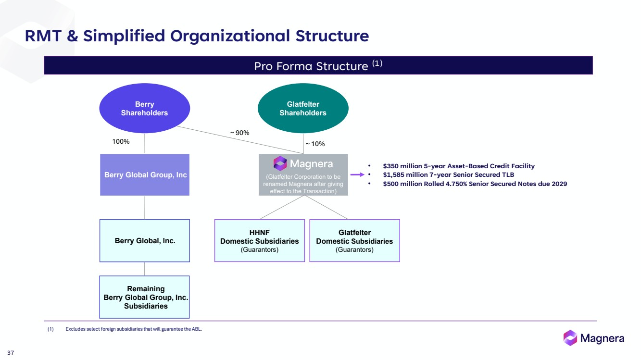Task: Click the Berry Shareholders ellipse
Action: [x=144, y=109]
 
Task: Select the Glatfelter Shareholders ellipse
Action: [x=303, y=109]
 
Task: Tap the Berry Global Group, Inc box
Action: [x=145, y=175]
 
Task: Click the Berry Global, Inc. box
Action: [x=145, y=241]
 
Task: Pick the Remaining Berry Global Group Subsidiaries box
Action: [x=145, y=297]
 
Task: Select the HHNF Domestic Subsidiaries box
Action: [x=259, y=241]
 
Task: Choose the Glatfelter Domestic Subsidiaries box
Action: [x=354, y=241]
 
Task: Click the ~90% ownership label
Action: [x=239, y=133]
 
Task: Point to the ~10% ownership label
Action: [x=315, y=144]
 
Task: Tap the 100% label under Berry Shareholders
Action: [x=120, y=142]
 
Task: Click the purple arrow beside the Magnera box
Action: [x=357, y=175]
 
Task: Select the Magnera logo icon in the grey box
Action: [x=280, y=163]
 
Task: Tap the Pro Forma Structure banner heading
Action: [x=318, y=65]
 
